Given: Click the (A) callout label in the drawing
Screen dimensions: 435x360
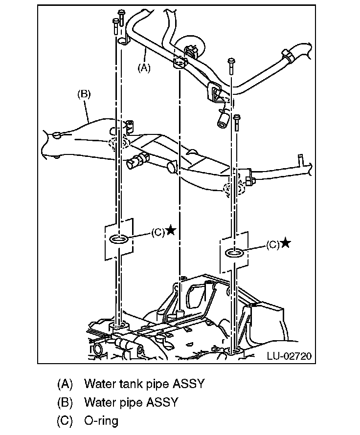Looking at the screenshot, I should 143,68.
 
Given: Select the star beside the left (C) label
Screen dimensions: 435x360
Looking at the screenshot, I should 171,231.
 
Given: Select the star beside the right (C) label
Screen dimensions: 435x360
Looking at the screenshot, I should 286,243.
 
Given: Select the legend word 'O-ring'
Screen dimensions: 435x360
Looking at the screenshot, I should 101,420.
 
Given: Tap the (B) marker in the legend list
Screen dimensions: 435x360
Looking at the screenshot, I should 65,402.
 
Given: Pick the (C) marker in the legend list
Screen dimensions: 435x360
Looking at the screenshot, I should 65,420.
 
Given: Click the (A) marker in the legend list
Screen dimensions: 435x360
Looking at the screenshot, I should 65,384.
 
